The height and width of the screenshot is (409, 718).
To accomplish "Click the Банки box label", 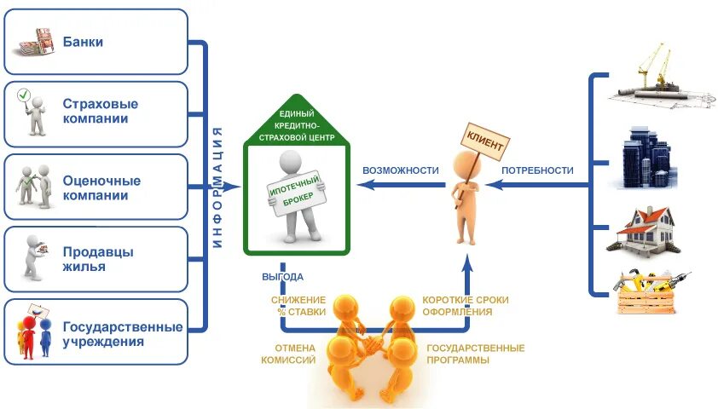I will (x=83, y=41).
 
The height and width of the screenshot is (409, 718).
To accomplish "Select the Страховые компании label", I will (x=100, y=112).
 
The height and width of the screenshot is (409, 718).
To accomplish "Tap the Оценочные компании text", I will (x=101, y=188).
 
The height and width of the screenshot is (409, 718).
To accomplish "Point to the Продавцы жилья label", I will (x=98, y=259).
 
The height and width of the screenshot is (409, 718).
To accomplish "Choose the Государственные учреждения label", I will (x=122, y=334).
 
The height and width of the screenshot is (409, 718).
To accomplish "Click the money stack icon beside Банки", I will (x=35, y=41).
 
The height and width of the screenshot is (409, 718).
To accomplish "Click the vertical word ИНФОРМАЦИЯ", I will (x=217, y=187).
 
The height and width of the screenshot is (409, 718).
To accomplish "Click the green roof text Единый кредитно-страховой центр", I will (x=296, y=125).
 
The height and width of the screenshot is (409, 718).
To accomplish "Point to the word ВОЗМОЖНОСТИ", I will (x=400, y=170).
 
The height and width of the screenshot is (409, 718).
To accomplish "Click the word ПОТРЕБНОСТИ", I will (x=537, y=170).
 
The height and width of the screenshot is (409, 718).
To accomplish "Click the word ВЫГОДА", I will (x=282, y=277).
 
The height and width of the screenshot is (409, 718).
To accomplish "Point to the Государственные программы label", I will (x=475, y=354).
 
